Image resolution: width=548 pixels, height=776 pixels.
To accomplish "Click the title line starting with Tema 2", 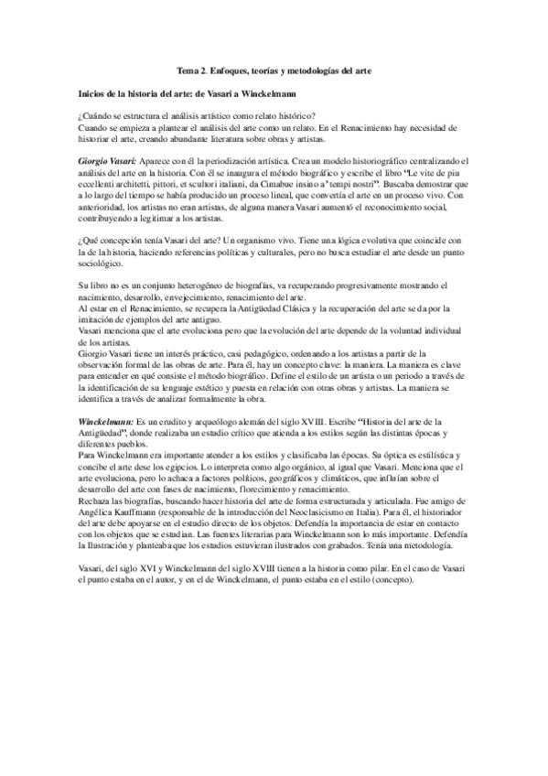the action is pos(274,70).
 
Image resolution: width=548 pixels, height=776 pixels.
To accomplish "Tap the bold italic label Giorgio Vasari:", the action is pos(107,160).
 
